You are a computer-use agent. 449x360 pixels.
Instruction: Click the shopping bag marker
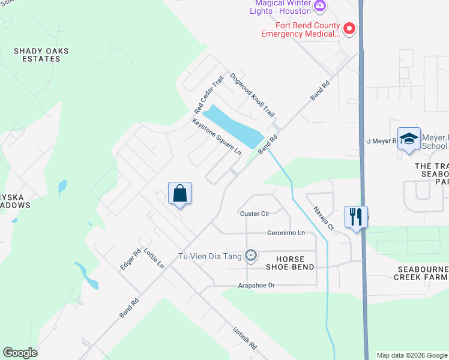click(x=179, y=194)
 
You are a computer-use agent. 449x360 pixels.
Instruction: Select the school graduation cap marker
click(x=409, y=139)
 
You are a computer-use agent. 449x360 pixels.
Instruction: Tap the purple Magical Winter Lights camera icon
click(x=320, y=5)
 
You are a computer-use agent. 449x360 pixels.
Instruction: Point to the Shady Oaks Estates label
click(x=41, y=55)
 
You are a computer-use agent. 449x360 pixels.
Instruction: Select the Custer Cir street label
click(x=255, y=214)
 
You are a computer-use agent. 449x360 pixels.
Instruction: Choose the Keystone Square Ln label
click(x=217, y=137)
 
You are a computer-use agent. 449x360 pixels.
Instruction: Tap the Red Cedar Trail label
click(x=209, y=95)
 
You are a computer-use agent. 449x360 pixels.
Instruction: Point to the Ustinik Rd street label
click(x=244, y=338)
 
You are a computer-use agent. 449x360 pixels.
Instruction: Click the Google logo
click(x=20, y=353)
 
